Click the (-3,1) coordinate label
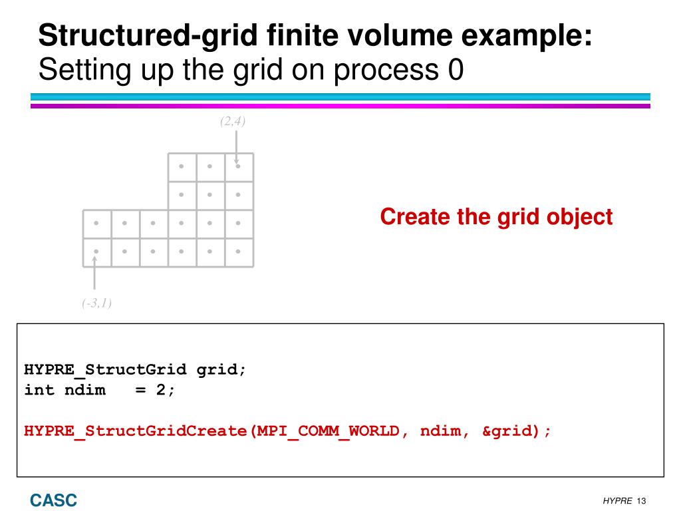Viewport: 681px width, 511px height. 97,304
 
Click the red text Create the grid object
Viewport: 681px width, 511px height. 496,217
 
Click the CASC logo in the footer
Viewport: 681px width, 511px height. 53,500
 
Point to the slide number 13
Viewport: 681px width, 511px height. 642,501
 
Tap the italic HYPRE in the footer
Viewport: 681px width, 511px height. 617,501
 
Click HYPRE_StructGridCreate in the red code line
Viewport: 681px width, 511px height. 136,430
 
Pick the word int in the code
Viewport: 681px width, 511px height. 40,390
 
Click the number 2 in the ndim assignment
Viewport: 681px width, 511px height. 161,390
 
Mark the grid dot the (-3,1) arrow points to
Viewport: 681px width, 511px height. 96,252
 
